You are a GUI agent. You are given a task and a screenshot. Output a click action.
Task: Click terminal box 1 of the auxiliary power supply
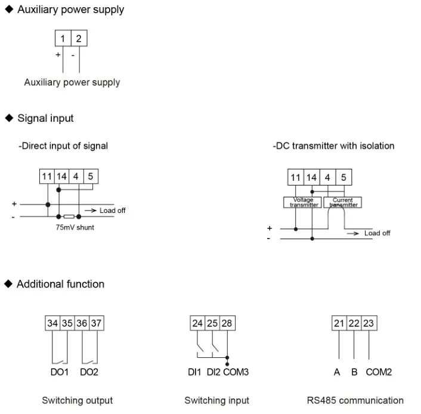click(x=63, y=39)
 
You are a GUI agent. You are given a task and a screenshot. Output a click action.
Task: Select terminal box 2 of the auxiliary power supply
click(x=79, y=39)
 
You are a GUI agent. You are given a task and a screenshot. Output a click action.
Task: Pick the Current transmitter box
click(x=343, y=202)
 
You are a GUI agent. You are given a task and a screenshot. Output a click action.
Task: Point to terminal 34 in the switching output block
click(x=52, y=323)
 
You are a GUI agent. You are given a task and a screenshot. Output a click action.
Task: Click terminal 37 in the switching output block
click(x=97, y=323)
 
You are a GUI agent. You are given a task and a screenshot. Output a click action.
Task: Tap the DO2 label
click(x=89, y=372)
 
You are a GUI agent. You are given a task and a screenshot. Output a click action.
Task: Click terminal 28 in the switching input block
click(x=227, y=323)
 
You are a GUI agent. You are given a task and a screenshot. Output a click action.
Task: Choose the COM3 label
click(x=236, y=372)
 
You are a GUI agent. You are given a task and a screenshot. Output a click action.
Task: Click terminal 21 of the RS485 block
click(x=339, y=323)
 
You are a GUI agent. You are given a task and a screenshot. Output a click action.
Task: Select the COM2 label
click(x=379, y=372)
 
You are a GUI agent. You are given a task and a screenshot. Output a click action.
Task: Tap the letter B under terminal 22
click(x=354, y=372)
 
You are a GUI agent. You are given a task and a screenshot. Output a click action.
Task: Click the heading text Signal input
click(x=45, y=118)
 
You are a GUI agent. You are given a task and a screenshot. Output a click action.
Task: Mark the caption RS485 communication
click(x=355, y=400)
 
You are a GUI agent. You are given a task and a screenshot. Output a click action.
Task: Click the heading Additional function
click(x=60, y=284)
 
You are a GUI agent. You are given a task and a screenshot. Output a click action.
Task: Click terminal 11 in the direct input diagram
click(x=47, y=177)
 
